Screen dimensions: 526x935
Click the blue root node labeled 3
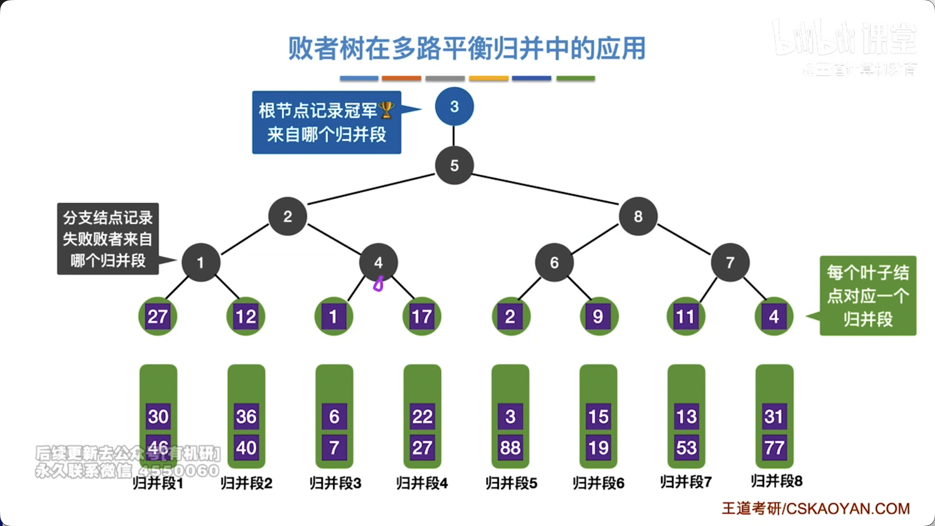click(x=454, y=107)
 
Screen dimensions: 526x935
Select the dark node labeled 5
click(x=454, y=165)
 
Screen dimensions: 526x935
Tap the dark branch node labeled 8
click(x=638, y=216)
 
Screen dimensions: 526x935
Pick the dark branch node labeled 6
click(x=554, y=263)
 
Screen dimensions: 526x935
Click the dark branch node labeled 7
click(x=730, y=263)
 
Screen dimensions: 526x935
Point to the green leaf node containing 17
click(x=422, y=316)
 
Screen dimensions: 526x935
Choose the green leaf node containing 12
click(x=246, y=316)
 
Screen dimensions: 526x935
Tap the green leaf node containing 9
click(x=598, y=316)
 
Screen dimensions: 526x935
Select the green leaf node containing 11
click(x=686, y=316)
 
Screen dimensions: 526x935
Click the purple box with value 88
click(x=510, y=447)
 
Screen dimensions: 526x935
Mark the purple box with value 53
click(x=686, y=447)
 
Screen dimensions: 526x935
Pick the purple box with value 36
click(x=246, y=417)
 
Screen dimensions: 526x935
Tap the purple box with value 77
click(x=774, y=447)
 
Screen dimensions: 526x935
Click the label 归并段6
click(x=598, y=483)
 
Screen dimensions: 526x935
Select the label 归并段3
click(x=335, y=483)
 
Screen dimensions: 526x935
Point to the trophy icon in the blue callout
click(x=386, y=110)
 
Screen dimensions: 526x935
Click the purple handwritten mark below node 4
click(x=379, y=285)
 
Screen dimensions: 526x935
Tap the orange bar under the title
click(x=401, y=79)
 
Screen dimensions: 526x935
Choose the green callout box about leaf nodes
click(x=868, y=296)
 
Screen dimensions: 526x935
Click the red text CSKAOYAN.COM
click(x=848, y=509)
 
